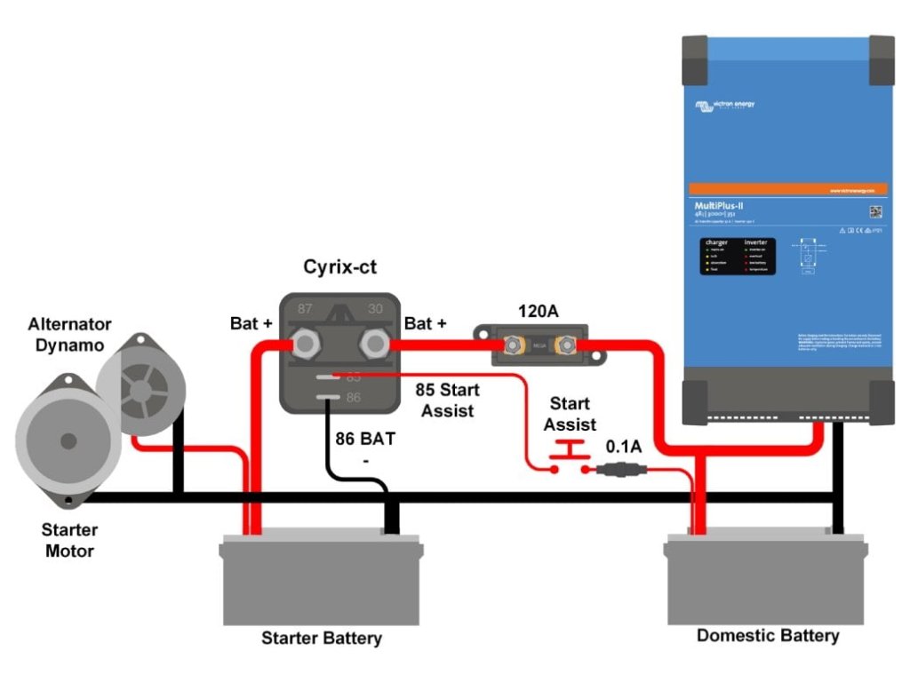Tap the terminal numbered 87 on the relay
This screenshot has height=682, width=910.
click(306, 342)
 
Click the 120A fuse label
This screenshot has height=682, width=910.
click(538, 312)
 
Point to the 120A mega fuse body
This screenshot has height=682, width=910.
click(539, 344)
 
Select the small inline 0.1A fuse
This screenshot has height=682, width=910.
click(619, 471)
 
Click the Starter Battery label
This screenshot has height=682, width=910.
click(322, 638)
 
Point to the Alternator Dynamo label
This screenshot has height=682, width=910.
click(69, 335)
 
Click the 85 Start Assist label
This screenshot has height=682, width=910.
click(448, 400)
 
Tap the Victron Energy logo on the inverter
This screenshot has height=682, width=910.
click(724, 106)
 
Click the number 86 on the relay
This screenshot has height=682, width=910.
click(353, 398)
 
